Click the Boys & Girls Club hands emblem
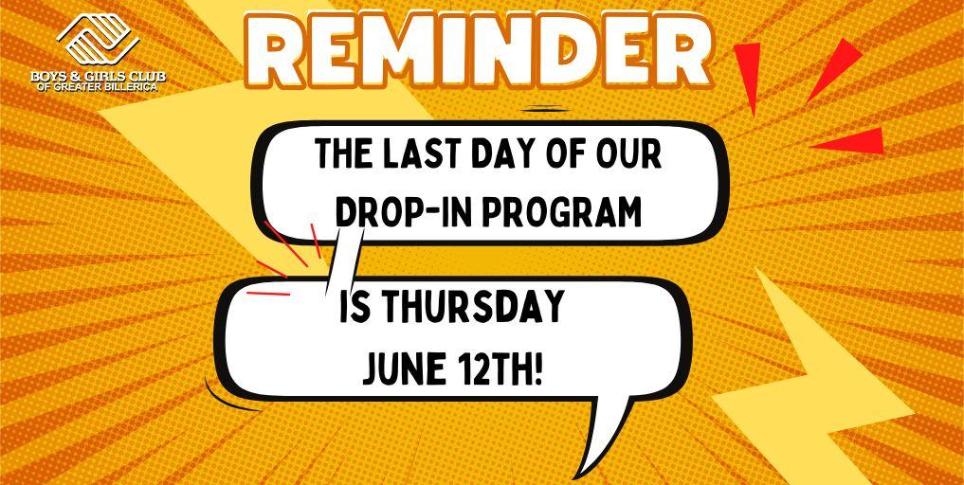(x=99, y=39)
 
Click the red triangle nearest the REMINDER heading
(x=748, y=77)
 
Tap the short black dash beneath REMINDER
(x=545, y=110)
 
